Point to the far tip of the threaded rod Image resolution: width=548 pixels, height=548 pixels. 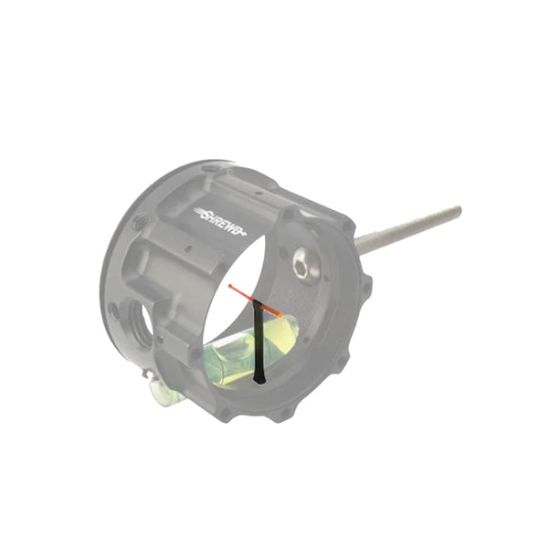click(x=459, y=210)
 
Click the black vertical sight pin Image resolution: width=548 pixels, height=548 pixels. click(x=258, y=341)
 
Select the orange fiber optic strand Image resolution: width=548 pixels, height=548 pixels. click(x=255, y=301)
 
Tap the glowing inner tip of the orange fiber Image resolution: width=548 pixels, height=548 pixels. click(x=280, y=315)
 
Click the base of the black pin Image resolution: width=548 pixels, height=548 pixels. click(x=259, y=382)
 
